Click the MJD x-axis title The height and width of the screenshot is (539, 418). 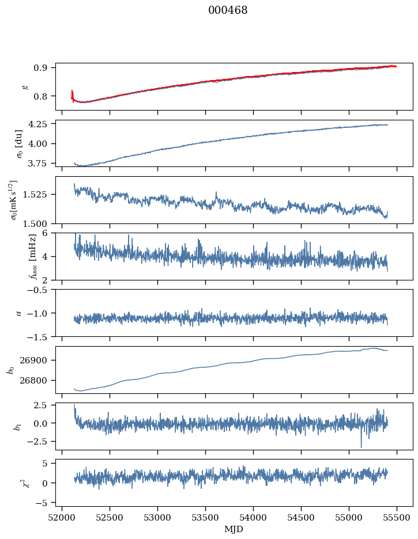[234, 529]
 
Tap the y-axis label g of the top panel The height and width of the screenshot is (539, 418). [24, 86]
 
